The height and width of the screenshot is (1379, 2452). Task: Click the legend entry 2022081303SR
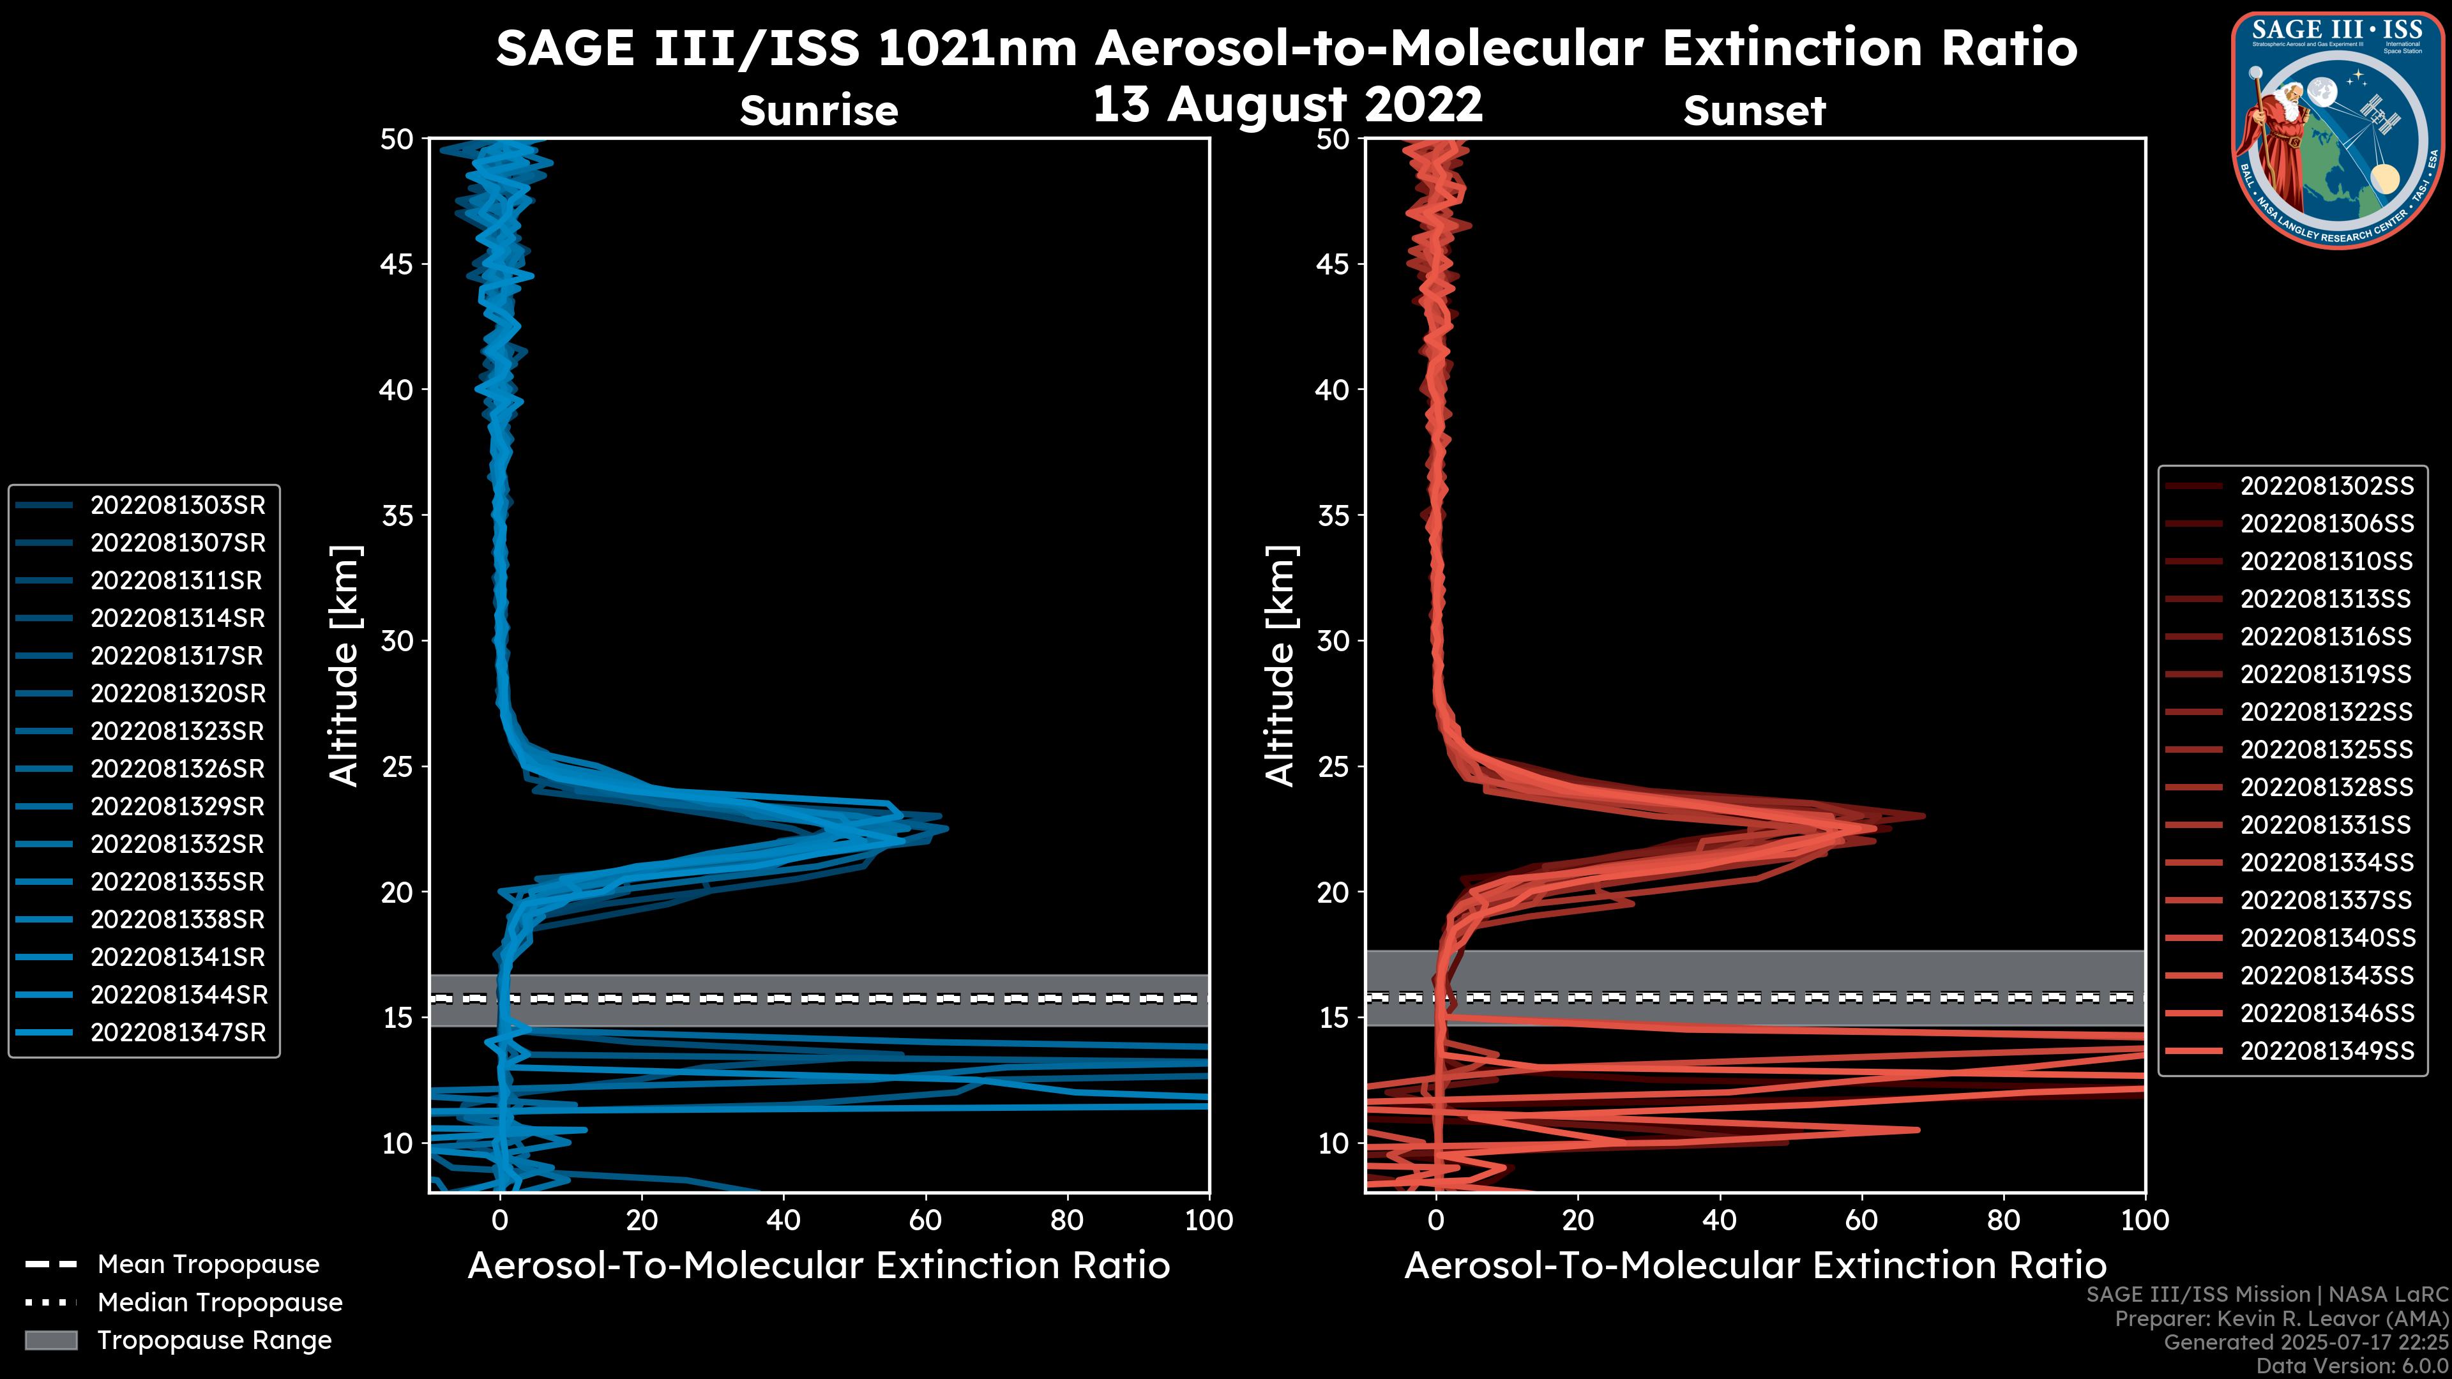click(177, 506)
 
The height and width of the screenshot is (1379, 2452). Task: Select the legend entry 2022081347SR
click(177, 1032)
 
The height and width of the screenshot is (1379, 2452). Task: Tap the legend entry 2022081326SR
click(177, 769)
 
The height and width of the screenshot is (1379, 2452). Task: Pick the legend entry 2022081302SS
click(2326, 486)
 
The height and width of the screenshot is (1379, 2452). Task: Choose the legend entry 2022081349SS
click(2326, 1051)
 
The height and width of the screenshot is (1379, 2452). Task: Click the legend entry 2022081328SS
click(2326, 787)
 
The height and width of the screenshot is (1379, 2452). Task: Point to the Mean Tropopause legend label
click(208, 1265)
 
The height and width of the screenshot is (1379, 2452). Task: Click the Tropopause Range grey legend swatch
click(50, 1340)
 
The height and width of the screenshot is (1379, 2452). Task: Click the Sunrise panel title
click(819, 111)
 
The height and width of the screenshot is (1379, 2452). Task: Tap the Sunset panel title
click(1754, 111)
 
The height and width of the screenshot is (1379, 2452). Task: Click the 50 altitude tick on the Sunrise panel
click(398, 139)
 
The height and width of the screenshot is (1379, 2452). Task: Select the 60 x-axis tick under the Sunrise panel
click(925, 1220)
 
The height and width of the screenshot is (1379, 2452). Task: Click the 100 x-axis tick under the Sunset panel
click(2145, 1220)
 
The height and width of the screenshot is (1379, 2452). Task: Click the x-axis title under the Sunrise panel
click(819, 1266)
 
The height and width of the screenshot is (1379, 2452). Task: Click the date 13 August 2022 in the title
click(1287, 105)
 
